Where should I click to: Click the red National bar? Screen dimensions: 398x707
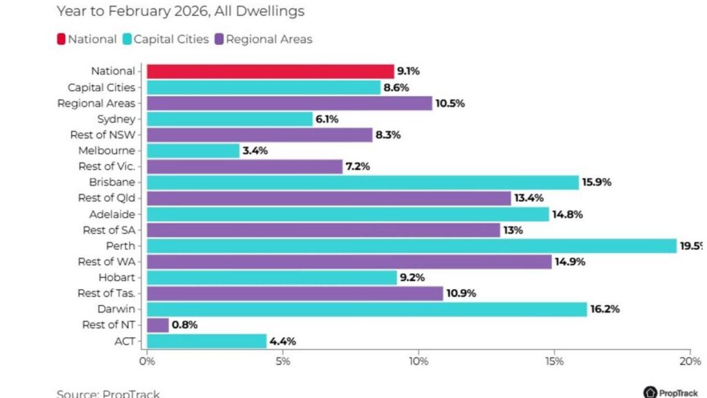[269, 71]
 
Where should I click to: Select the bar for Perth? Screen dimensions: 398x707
[411, 245]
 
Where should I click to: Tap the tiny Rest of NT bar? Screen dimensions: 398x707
[157, 325]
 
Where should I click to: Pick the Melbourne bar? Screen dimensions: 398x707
[193, 151]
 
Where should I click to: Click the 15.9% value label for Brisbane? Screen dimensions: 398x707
[597, 182]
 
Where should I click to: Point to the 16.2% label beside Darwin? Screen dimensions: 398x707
[605, 309]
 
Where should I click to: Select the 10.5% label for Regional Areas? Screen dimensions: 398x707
[450, 104]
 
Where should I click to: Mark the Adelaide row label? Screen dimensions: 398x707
[112, 214]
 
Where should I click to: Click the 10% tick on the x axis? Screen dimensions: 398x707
[418, 361]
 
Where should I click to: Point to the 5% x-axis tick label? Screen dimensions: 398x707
[283, 361]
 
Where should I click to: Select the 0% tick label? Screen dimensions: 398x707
[146, 361]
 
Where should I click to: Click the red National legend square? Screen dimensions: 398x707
[61, 39]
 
